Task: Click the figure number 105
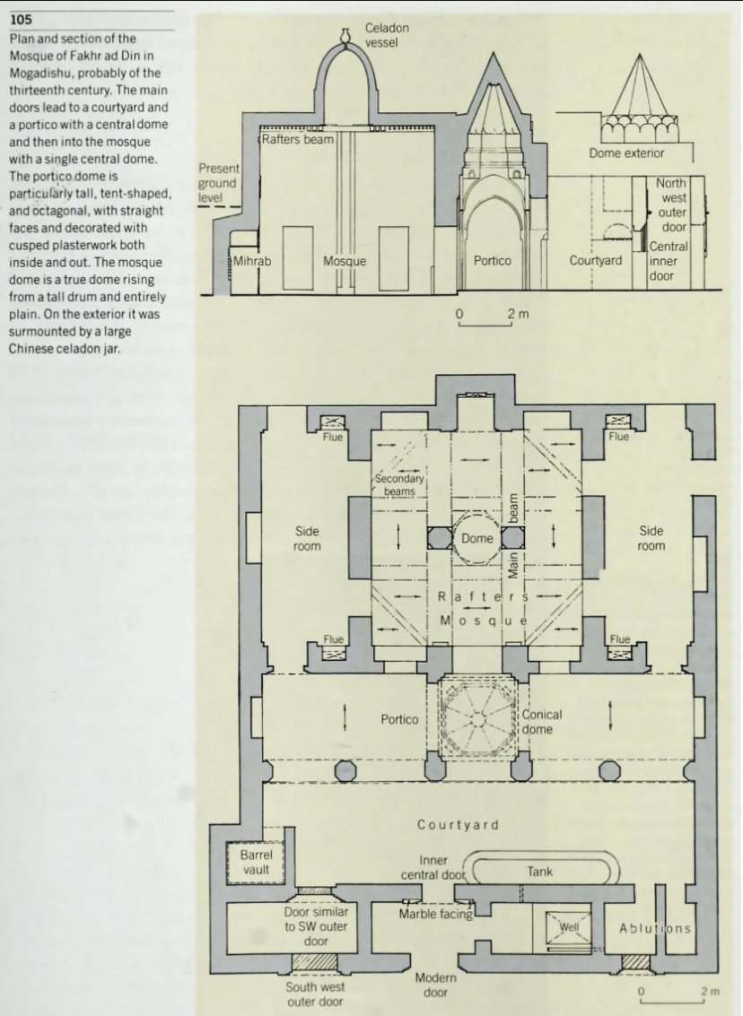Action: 22,21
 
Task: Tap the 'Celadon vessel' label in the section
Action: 387,36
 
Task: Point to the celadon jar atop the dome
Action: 344,37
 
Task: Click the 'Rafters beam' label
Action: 297,140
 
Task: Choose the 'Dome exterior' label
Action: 626,153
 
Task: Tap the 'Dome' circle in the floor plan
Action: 477,538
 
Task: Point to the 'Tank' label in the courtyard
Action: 539,871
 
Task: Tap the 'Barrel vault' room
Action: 256,862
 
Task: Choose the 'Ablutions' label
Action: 654,928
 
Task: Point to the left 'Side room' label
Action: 307,539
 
